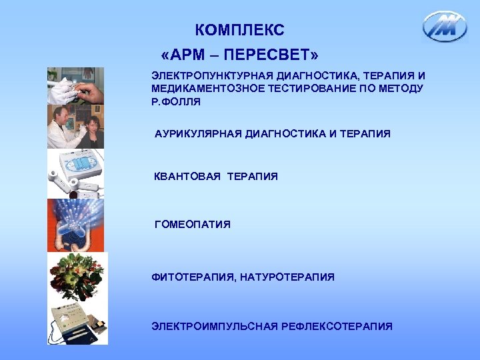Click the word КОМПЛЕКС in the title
tap(240, 30)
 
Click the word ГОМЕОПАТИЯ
tap(193, 225)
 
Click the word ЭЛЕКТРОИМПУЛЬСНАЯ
tap(215, 326)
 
